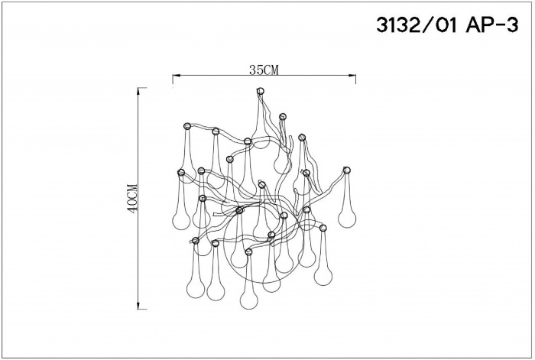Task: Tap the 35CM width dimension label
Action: point(264,70)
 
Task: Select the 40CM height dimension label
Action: point(132,198)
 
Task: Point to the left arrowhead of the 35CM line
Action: point(176,76)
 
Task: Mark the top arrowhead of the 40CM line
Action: point(138,91)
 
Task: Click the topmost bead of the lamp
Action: point(260,91)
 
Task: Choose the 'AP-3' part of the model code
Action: point(490,26)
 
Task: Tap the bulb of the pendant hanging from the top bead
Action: point(282,163)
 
